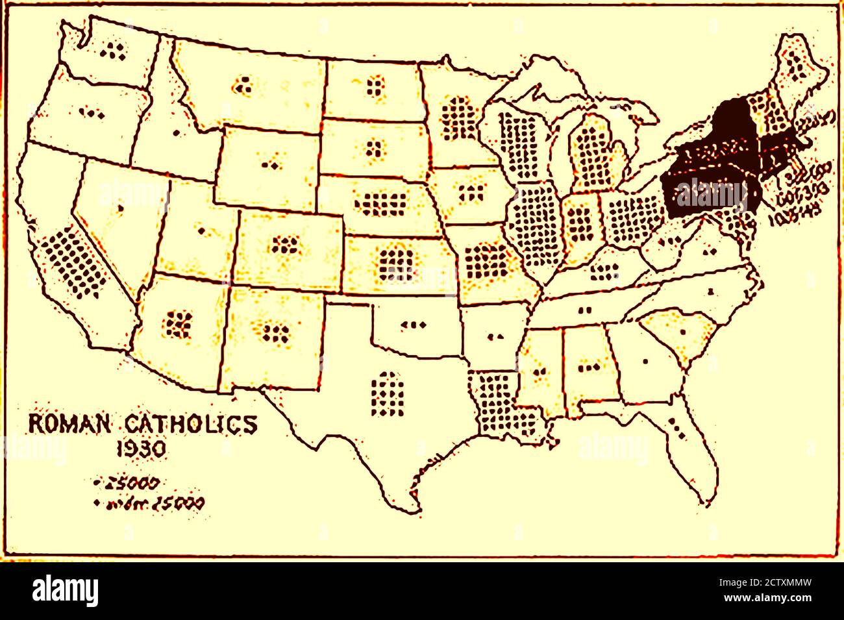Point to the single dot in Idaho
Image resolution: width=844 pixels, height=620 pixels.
[x=176, y=133]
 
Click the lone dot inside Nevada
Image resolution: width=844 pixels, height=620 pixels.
[x=121, y=208]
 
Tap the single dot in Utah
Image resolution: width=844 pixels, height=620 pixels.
[x=201, y=230]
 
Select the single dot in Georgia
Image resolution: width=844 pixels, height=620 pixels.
[x=645, y=361]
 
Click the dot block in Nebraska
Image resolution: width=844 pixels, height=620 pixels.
[x=380, y=204]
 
